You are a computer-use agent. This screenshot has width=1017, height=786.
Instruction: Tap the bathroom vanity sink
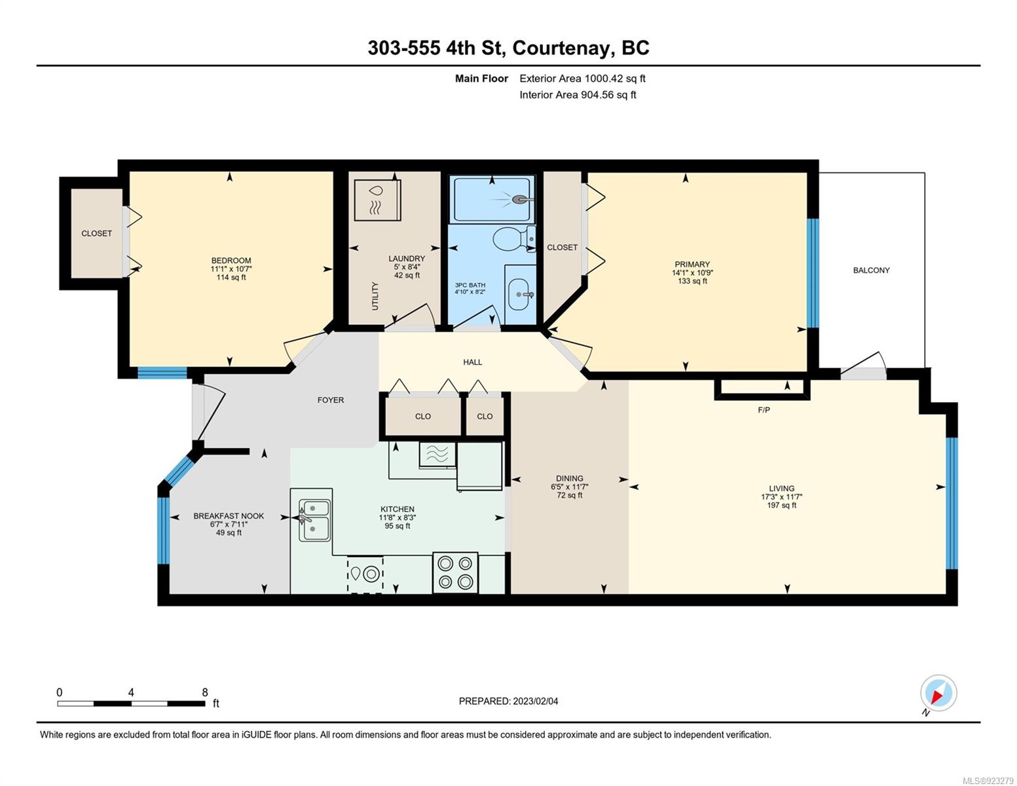(519, 294)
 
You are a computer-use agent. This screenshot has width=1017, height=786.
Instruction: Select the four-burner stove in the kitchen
(455, 572)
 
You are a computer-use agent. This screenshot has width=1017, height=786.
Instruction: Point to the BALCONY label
(871, 270)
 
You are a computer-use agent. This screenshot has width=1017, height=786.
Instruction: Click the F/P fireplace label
(764, 410)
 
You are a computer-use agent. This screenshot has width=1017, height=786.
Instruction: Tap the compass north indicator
(938, 694)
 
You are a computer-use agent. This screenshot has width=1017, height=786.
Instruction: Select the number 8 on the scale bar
(204, 692)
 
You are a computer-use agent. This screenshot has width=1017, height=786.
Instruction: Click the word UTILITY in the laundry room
(375, 296)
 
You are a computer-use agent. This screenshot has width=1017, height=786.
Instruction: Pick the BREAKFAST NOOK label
(229, 516)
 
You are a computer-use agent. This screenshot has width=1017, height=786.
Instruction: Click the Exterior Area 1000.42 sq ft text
(582, 79)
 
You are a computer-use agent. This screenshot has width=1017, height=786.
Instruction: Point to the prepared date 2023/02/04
(535, 702)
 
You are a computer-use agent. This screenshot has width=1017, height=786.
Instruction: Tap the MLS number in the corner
(987, 781)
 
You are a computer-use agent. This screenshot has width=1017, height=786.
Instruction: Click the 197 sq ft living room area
(782, 506)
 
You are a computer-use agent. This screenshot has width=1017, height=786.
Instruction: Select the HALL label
(472, 362)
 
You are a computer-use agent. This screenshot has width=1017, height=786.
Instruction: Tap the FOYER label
(331, 400)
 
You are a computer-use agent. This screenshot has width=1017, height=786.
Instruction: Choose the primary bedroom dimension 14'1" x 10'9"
(692, 273)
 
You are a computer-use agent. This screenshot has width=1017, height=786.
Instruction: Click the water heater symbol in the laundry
(377, 200)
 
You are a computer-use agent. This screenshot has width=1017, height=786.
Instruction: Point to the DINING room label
(570, 478)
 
